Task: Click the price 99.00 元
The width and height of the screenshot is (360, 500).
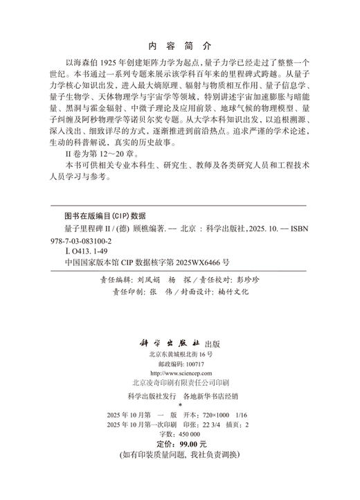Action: [x=190, y=444]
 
